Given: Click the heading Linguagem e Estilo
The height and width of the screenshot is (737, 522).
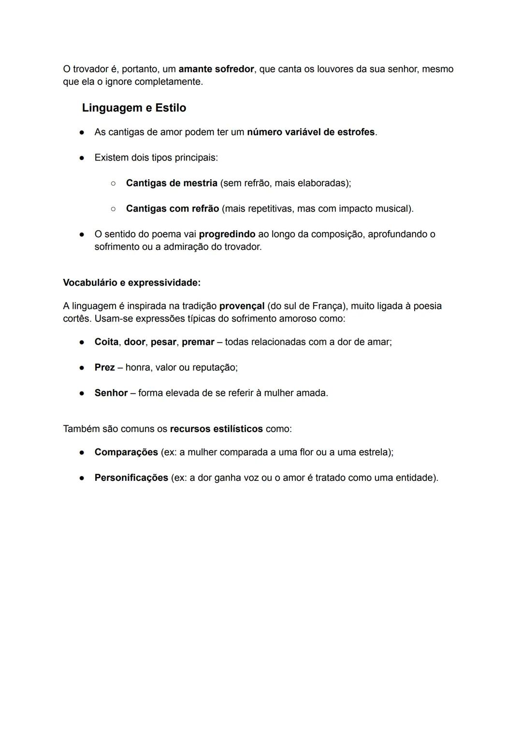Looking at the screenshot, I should coord(134,108).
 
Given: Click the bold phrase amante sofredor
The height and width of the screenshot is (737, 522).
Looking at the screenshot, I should coord(216,69).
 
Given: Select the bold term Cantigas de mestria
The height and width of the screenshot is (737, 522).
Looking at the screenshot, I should coord(172,183).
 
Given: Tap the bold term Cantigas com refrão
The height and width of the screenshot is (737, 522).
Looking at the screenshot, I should coord(173,209).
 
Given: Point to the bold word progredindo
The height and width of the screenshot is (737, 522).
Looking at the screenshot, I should coord(227,234).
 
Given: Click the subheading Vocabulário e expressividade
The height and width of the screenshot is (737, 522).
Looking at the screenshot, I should coord(131,282).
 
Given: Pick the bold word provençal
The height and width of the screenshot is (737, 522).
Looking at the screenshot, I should coord(242,306).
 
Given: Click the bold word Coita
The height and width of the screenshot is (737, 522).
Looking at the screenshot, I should coord(106,342).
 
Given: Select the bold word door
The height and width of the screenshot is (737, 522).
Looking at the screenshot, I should coord(134,342).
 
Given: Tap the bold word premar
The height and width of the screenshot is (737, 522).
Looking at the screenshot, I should coord(198,342).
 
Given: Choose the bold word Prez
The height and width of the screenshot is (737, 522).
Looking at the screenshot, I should coord(104,367).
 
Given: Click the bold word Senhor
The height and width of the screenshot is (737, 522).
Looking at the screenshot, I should coord(111,393).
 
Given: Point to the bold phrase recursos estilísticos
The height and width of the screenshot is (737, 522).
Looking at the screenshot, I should coord(217,429).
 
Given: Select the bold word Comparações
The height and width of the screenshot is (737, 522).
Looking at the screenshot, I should coord(126,452).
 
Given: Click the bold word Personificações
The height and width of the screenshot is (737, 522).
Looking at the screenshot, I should coord(131,478).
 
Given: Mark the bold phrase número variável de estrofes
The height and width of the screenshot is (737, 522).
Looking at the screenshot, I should coord(311,132).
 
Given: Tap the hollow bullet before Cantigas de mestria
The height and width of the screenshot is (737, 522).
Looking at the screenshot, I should coord(113,184).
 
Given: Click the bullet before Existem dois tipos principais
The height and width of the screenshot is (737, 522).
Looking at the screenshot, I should coord(82,158).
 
